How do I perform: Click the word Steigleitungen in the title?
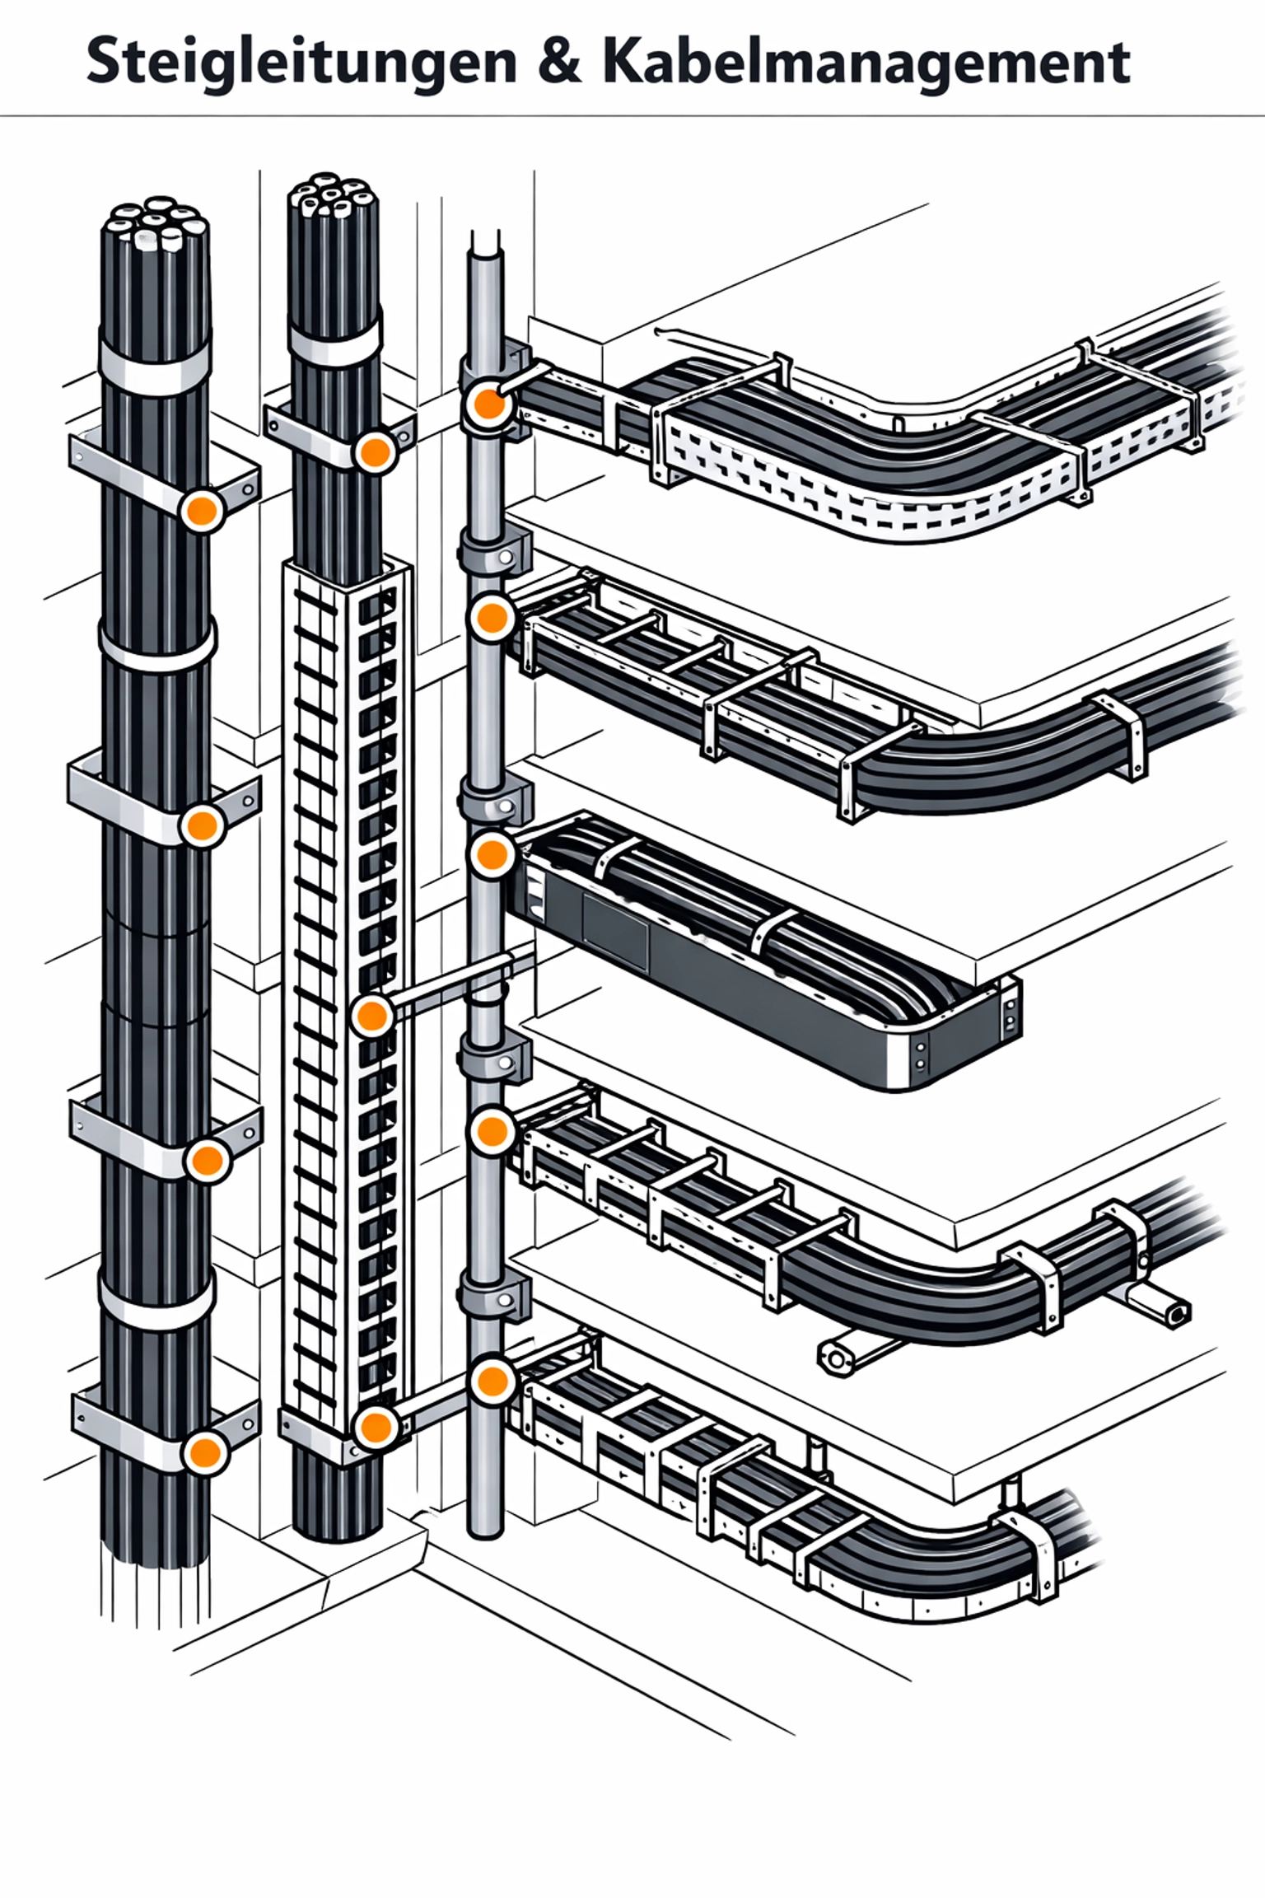[x=301, y=63]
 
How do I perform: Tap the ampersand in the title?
[x=560, y=63]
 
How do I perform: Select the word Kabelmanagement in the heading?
[x=866, y=63]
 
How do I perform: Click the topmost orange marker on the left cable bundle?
[x=202, y=511]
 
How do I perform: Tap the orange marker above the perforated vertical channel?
[x=375, y=451]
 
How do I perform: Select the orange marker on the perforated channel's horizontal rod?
[x=371, y=1017]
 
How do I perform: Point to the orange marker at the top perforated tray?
[x=490, y=404]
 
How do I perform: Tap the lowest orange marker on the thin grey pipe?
[x=492, y=1381]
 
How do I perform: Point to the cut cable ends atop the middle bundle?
[x=334, y=197]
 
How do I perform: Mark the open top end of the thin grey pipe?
[x=486, y=241]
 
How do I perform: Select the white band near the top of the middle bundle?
[x=334, y=339]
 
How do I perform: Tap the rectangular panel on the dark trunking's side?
[x=614, y=930]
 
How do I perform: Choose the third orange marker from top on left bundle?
[x=206, y=1161]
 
